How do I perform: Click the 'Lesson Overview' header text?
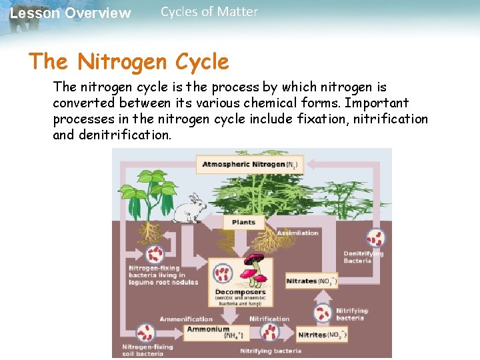71,13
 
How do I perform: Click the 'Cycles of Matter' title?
209,11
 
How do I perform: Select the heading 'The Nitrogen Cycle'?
129,62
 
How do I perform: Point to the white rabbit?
189,209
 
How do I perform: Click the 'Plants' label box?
243,222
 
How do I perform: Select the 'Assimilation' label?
297,233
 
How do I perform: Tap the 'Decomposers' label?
240,292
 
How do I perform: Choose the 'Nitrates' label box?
311,281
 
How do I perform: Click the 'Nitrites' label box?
322,335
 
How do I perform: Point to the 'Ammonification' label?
186,319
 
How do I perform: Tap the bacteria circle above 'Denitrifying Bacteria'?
375,238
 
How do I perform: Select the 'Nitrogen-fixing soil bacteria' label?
147,350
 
